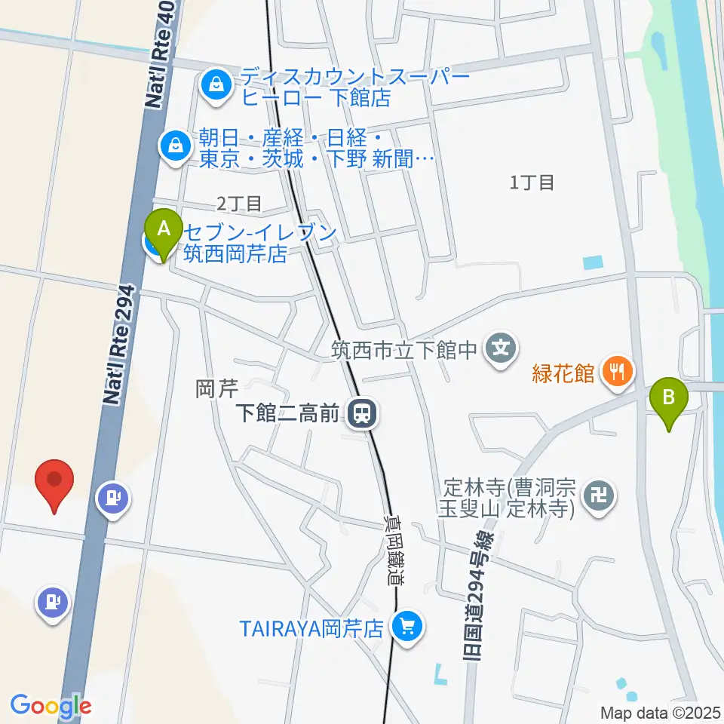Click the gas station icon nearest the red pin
[x=114, y=499]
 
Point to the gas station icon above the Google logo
[x=51, y=603]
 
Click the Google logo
[x=51, y=706]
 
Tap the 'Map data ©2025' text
[x=661, y=712]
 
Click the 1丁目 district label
[x=532, y=182]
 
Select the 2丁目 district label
[x=239, y=203]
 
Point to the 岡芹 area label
[x=217, y=389]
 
